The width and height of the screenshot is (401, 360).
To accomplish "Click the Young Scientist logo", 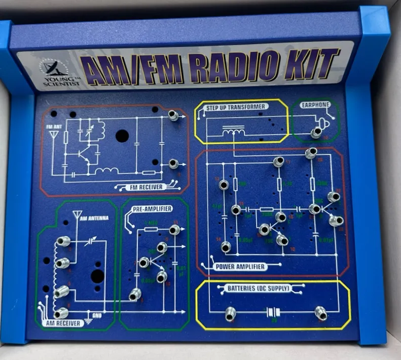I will tap(55, 70).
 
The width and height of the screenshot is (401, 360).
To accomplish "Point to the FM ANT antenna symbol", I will tap(54, 135).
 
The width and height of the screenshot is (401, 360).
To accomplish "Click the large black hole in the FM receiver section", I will tap(122, 136).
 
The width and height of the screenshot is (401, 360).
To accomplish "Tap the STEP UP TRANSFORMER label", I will tap(236, 107).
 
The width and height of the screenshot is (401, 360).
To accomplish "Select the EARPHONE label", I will tap(315, 105).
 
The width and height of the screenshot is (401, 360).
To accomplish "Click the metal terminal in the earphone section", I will tap(316, 133).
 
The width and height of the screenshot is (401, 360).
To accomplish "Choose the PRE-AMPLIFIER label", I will tap(151, 208).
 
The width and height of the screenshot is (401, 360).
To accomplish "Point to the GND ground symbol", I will tap(89, 320).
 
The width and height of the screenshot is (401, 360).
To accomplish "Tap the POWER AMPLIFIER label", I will tap(240, 266).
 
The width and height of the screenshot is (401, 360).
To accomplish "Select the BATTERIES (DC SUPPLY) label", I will tap(259, 289).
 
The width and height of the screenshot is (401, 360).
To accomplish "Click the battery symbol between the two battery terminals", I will tap(274, 312).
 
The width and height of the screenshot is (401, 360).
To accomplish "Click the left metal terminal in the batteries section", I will tap(230, 313).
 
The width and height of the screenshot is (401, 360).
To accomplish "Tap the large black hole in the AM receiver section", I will tap(97, 276).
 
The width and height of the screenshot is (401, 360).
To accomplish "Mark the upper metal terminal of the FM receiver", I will tap(173, 116).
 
